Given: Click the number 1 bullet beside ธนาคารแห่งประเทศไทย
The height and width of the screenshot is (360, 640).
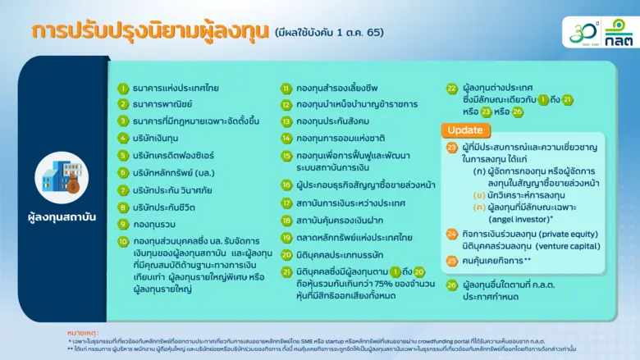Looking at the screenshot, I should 123,88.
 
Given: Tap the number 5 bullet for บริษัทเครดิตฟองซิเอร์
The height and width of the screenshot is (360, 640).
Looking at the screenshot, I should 123,154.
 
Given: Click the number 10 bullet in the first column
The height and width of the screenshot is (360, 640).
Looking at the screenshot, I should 123,241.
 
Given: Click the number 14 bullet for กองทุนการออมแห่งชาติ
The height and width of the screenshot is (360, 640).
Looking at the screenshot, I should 286,138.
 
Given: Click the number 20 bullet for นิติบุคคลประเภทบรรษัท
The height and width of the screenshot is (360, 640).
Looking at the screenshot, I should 286,254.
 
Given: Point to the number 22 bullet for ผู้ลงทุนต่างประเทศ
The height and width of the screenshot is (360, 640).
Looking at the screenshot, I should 451,88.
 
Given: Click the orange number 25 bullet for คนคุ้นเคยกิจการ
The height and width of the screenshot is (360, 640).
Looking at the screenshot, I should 451,260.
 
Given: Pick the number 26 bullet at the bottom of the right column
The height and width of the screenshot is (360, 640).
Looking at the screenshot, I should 451,285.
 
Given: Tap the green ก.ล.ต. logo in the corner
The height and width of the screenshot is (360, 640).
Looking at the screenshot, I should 618,31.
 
